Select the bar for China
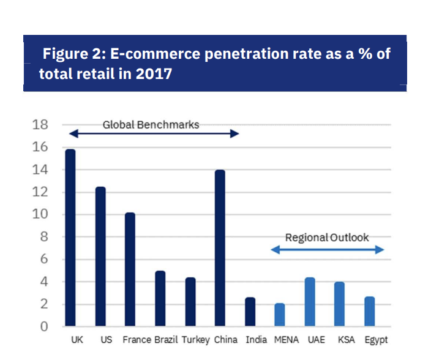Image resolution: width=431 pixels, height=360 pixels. click(220, 248)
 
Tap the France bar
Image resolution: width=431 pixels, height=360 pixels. click(130, 269)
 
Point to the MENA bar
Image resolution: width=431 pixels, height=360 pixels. click(280, 315)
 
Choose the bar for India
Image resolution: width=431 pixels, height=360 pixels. click(250, 312)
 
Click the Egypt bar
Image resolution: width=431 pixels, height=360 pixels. click(370, 312)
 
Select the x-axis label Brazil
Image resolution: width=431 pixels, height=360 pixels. click(167, 340)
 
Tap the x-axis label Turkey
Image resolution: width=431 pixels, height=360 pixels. click(196, 340)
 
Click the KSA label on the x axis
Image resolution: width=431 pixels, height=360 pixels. click(345, 340)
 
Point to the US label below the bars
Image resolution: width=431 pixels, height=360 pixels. click(106, 340)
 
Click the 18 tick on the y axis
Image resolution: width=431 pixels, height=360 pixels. click(40, 125)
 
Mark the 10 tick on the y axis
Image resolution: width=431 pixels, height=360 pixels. click(40, 215)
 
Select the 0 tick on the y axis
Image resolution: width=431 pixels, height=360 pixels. click(43, 327)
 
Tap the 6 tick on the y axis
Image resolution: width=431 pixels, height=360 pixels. click(43, 260)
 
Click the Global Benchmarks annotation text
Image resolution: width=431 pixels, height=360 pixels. click(151, 125)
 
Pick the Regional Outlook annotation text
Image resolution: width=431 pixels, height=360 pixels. click(327, 238)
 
